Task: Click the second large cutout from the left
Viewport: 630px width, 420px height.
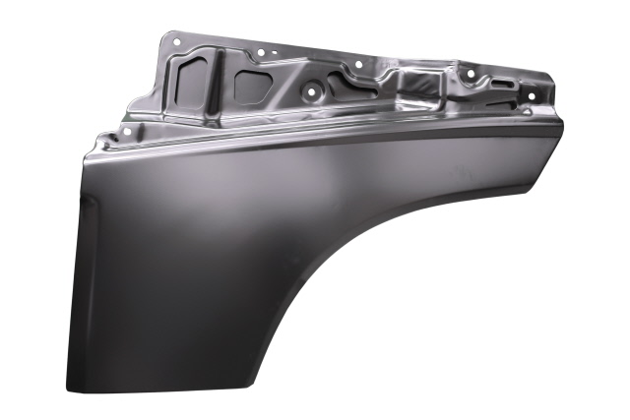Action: (x=252, y=87)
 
